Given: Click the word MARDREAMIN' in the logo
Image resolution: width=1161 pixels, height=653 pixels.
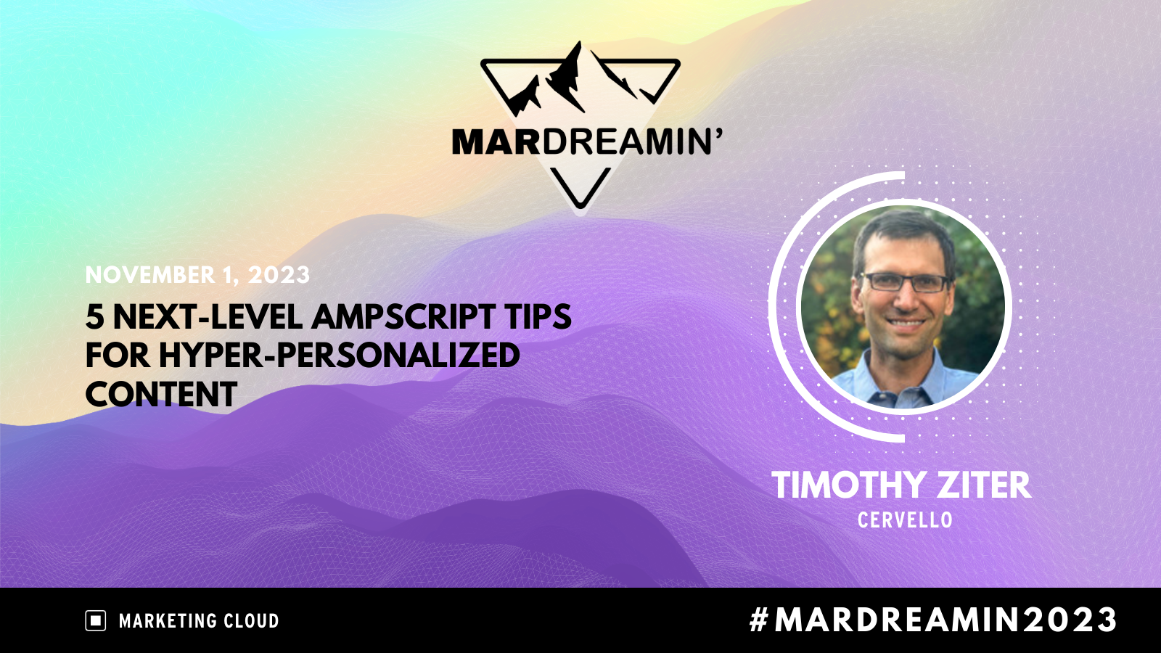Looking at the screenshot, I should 587,141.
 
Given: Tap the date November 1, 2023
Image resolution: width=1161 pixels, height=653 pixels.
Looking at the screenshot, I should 197,275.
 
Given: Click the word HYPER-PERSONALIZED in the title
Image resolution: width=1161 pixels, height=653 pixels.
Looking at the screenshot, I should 339,356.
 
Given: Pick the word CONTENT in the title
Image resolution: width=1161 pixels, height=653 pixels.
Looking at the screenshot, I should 161,395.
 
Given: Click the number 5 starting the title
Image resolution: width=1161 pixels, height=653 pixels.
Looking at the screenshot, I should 94,317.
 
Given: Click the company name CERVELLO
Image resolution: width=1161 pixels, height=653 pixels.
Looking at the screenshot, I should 905,520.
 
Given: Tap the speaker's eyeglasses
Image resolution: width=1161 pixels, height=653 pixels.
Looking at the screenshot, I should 904,282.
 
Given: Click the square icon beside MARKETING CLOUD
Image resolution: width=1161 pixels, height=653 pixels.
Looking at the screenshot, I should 96,620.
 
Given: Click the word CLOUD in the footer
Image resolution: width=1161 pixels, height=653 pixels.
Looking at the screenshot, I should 251,621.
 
